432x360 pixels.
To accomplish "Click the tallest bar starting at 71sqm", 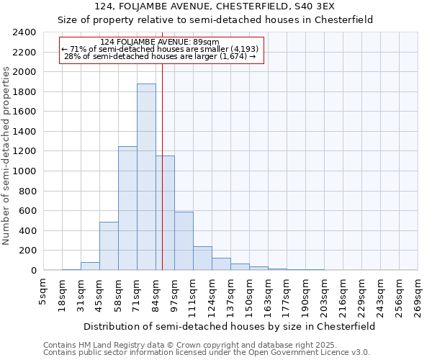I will coord(146,177).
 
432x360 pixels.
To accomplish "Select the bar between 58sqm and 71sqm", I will coord(127,208).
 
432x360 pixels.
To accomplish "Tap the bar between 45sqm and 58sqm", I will coord(109,246).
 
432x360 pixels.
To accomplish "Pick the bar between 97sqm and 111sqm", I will coord(184,241).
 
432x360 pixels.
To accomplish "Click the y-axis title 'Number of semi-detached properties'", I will coord(7,156).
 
